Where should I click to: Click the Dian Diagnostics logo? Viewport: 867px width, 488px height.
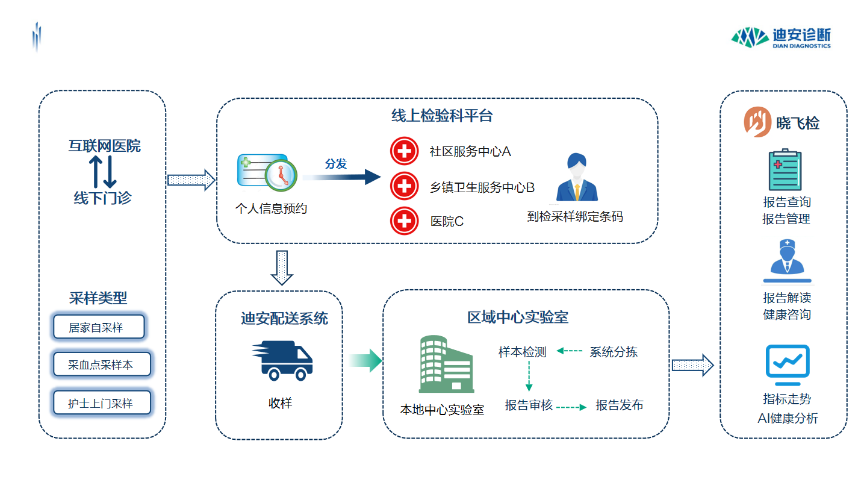[781, 37]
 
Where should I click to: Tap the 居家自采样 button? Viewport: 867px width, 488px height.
[99, 327]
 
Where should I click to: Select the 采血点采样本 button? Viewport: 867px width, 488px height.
[101, 365]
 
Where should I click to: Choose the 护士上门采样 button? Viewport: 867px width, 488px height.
[101, 403]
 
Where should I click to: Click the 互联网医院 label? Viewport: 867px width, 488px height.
[104, 146]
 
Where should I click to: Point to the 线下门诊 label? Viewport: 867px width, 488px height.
[102, 198]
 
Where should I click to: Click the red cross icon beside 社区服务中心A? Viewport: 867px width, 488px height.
[404, 151]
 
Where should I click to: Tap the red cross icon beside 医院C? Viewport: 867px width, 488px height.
[404, 221]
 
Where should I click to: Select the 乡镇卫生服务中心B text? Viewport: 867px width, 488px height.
[482, 187]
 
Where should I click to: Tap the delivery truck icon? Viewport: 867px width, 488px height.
[282, 360]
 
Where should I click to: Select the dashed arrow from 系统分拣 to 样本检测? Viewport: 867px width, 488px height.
[569, 351]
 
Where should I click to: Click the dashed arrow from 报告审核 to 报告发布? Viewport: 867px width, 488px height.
[571, 407]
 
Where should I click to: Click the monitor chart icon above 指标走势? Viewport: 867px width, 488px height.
[787, 366]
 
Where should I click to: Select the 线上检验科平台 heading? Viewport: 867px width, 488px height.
[442, 116]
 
